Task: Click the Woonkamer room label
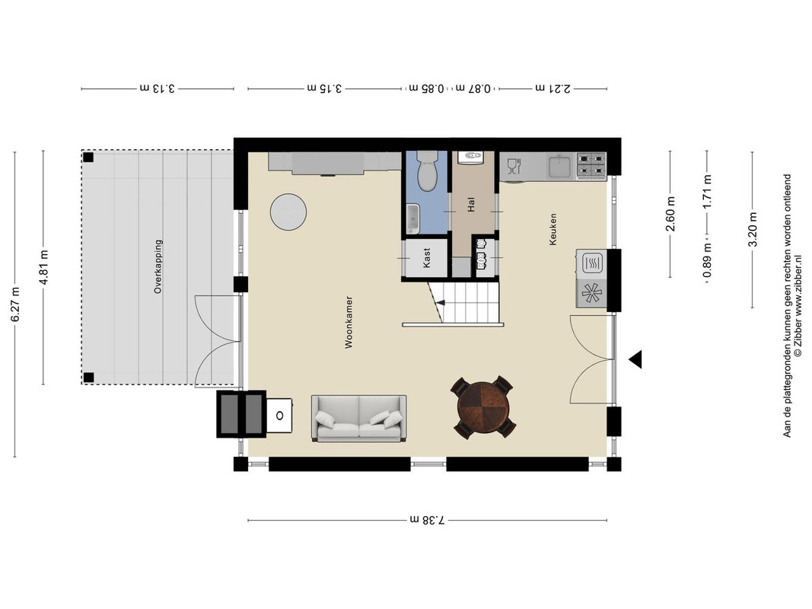tap(349, 322)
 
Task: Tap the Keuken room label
tap(553, 229)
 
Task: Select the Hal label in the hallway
tap(471, 206)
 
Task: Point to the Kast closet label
tap(427, 257)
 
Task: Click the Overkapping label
tap(158, 266)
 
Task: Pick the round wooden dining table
tap(483, 407)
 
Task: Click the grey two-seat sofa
tap(358, 419)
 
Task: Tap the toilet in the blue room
tap(427, 171)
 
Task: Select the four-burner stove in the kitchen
tap(591, 165)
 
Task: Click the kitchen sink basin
tap(560, 167)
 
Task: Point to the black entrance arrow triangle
tap(636, 359)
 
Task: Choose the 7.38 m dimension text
tap(427, 519)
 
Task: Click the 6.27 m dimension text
tap(15, 304)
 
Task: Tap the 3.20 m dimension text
tap(753, 229)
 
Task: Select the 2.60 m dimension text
tap(670, 213)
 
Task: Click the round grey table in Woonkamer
tap(288, 212)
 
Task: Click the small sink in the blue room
tap(412, 218)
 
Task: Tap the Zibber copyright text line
tap(798, 316)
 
